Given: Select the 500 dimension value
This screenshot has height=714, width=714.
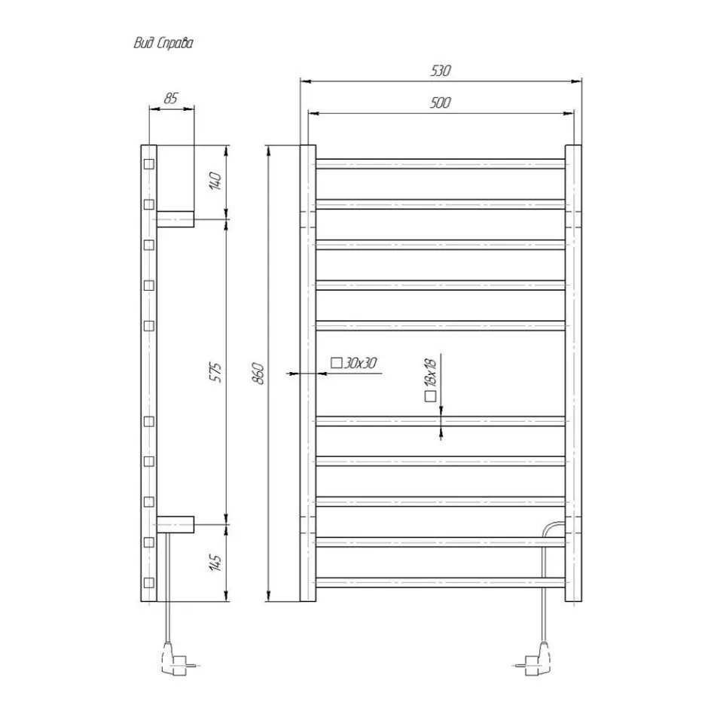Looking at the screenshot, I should click(x=441, y=103).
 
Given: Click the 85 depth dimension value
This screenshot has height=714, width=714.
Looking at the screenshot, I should click(x=171, y=98).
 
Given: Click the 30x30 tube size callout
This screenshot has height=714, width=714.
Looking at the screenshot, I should click(x=359, y=364).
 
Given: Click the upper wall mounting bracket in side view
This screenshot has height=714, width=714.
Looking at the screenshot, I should click(x=175, y=219).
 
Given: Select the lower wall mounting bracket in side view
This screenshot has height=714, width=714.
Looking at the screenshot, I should click(x=175, y=522).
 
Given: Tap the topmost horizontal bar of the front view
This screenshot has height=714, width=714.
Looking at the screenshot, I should click(x=441, y=163).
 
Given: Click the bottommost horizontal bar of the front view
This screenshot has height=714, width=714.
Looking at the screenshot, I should click(x=441, y=582).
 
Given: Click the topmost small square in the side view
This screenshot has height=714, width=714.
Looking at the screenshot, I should click(x=149, y=164).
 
